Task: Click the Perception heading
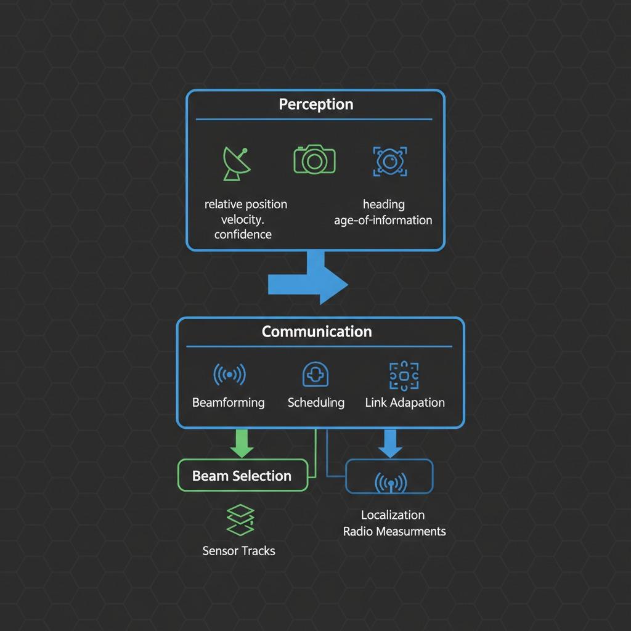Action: click(316, 104)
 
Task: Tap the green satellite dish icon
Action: click(237, 164)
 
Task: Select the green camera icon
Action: click(314, 160)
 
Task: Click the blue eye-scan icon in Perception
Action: click(390, 161)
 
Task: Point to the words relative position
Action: click(246, 204)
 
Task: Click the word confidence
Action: click(243, 234)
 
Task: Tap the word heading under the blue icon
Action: click(383, 205)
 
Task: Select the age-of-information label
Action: click(383, 220)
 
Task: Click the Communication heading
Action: click(317, 332)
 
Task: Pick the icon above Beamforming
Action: click(229, 374)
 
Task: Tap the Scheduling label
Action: click(316, 402)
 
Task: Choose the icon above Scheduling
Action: click(315, 375)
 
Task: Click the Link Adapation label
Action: click(405, 402)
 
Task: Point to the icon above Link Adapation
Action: click(404, 376)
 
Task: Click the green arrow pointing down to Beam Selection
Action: click(242, 444)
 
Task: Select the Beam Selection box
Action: click(243, 475)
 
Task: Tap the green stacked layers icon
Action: click(240, 520)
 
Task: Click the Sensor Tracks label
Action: click(238, 550)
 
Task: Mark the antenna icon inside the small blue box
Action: click(391, 482)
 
